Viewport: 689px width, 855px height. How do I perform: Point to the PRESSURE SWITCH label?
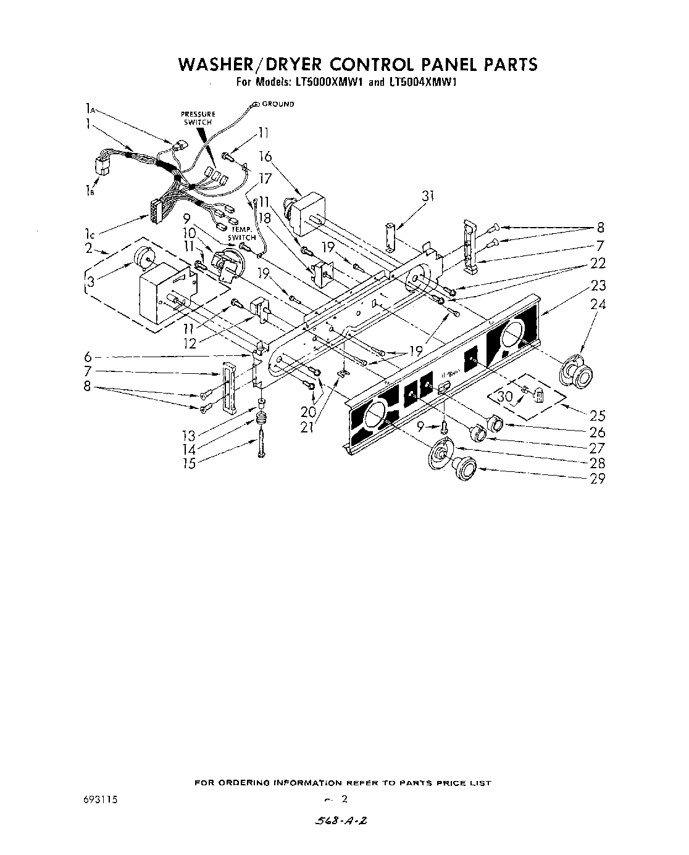(198, 118)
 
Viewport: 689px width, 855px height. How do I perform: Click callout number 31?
(428, 197)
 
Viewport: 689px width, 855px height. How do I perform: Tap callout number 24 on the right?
(598, 304)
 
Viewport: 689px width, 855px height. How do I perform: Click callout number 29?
(598, 478)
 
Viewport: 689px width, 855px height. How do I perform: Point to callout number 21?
(306, 427)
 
